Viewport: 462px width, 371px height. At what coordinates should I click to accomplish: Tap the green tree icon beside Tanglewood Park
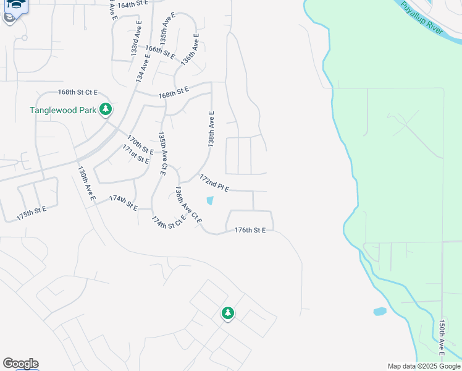(x=106, y=109)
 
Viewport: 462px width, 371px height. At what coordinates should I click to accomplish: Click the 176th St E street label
(x=250, y=230)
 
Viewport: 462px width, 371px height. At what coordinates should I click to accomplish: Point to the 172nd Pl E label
(x=214, y=182)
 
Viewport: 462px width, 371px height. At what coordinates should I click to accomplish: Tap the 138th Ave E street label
(x=211, y=129)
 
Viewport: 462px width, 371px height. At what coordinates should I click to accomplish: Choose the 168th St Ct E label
(x=78, y=92)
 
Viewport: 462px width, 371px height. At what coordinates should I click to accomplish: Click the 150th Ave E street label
(x=442, y=338)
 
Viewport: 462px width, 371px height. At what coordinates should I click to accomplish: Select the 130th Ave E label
(x=86, y=183)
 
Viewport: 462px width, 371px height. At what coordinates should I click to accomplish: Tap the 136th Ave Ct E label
(x=188, y=205)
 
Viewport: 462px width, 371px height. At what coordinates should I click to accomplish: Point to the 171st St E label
(x=136, y=153)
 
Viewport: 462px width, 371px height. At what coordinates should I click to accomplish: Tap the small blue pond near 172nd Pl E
(x=210, y=200)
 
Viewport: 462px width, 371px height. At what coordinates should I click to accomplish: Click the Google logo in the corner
(x=20, y=364)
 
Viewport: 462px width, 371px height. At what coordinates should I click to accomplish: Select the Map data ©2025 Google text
(x=424, y=366)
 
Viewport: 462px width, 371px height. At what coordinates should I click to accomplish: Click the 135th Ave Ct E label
(x=162, y=153)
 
